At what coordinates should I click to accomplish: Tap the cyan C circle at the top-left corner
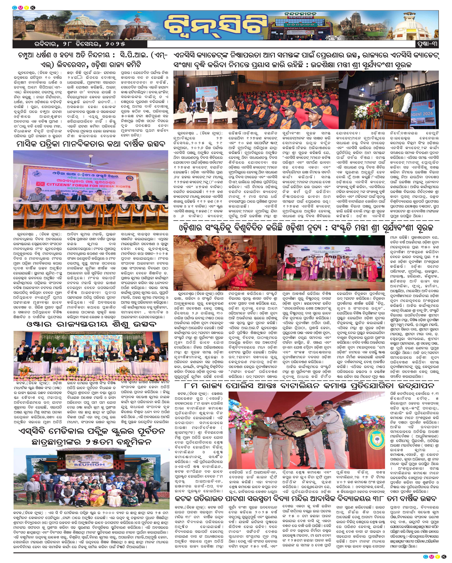pyautogui.click(x=15, y=8)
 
